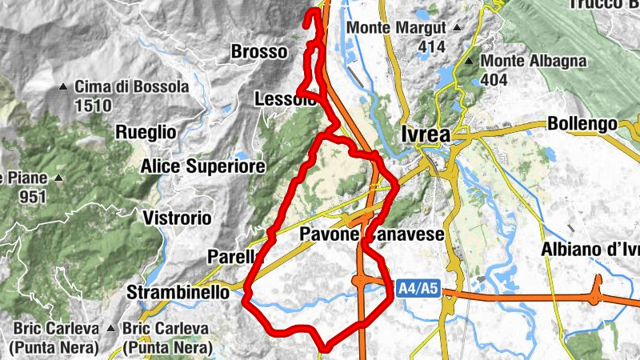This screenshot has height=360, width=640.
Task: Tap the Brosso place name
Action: click(258, 52)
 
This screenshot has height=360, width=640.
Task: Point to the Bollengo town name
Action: click(582, 124)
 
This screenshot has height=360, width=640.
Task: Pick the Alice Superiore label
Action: click(202, 166)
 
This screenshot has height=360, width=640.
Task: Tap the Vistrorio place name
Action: click(177, 218)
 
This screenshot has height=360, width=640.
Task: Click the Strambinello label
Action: click(178, 292)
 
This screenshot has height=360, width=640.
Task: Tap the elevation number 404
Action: click(494, 80)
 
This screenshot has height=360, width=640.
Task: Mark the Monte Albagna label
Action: click(534, 62)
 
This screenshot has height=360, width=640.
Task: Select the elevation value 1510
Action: click(93, 105)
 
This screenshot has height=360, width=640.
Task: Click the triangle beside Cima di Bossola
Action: click(63, 86)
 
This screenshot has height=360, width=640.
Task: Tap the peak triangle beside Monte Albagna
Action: click(469, 62)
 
